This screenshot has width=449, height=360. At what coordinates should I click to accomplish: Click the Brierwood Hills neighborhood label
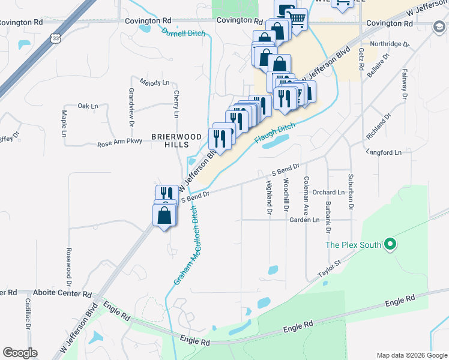tap(169, 140)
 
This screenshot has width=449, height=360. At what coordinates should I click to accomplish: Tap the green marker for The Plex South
tap(390, 244)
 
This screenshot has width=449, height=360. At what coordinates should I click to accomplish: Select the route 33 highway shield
tap(56, 37)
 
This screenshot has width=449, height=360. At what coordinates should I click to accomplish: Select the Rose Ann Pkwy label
tap(120, 144)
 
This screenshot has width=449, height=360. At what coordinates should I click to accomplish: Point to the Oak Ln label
tap(88, 106)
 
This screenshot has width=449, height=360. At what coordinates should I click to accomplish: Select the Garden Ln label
tap(304, 220)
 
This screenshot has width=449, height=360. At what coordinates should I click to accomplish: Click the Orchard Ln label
tap(328, 193)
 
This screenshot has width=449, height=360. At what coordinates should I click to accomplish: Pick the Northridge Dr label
tap(390, 44)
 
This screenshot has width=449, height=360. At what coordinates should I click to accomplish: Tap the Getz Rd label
tap(361, 59)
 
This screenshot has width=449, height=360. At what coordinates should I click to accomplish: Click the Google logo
tap(20, 353)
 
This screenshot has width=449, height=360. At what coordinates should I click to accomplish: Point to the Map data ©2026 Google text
tap(412, 355)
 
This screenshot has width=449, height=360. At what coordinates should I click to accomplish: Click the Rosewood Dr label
tap(69, 259)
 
